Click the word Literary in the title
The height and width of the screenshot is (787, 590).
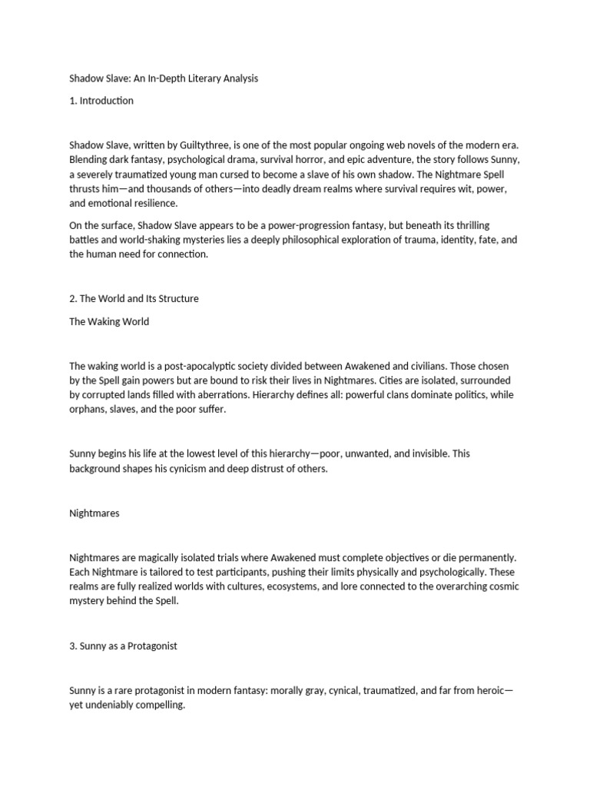point(194,78)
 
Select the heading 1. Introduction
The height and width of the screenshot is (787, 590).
point(101,100)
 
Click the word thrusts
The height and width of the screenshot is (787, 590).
point(84,188)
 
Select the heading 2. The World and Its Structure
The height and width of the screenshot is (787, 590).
point(134,299)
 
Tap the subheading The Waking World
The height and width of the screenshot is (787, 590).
point(109,321)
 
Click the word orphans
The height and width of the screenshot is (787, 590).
point(87,410)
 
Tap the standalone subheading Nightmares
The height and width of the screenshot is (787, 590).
point(94,513)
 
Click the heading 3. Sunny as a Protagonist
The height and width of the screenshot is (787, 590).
point(123,646)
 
